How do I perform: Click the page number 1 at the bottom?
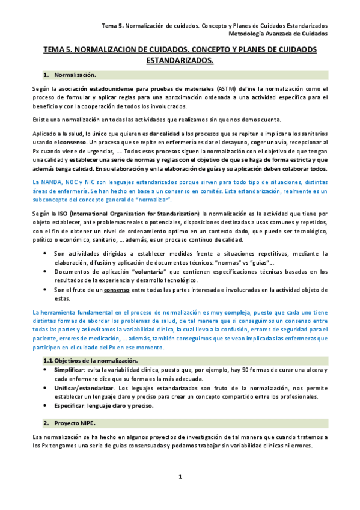(x=180, y=476)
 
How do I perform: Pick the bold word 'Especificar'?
(x=71, y=405)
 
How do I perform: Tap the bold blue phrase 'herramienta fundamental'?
(x=75, y=313)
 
